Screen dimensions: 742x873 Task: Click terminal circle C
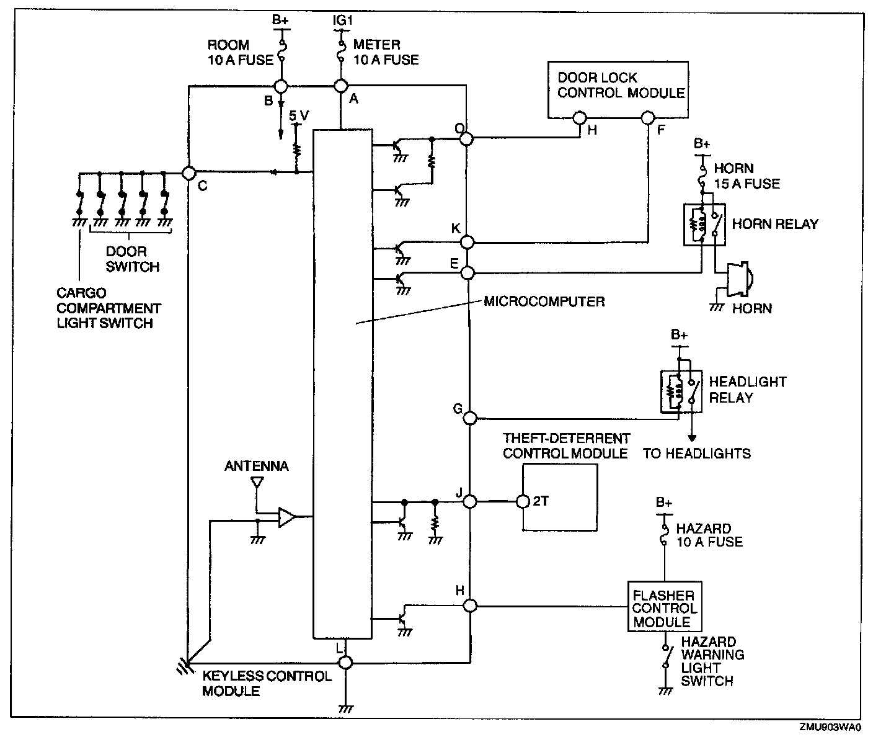pos(188,172)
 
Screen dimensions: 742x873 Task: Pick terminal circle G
pos(470,418)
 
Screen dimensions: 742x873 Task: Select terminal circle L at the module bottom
pos(345,662)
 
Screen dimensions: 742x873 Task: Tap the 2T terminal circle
pos(522,501)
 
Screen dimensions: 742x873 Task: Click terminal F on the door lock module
pos(648,117)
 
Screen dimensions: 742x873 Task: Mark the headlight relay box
pos(681,391)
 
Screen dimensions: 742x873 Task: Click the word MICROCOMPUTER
pos(544,302)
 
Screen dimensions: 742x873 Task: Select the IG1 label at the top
pos(342,20)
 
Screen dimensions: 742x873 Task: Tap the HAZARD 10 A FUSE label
pos(709,535)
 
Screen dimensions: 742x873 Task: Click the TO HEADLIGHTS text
pos(696,454)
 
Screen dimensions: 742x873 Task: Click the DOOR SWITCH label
pos(132,259)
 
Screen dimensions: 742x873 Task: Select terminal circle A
pos(340,86)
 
